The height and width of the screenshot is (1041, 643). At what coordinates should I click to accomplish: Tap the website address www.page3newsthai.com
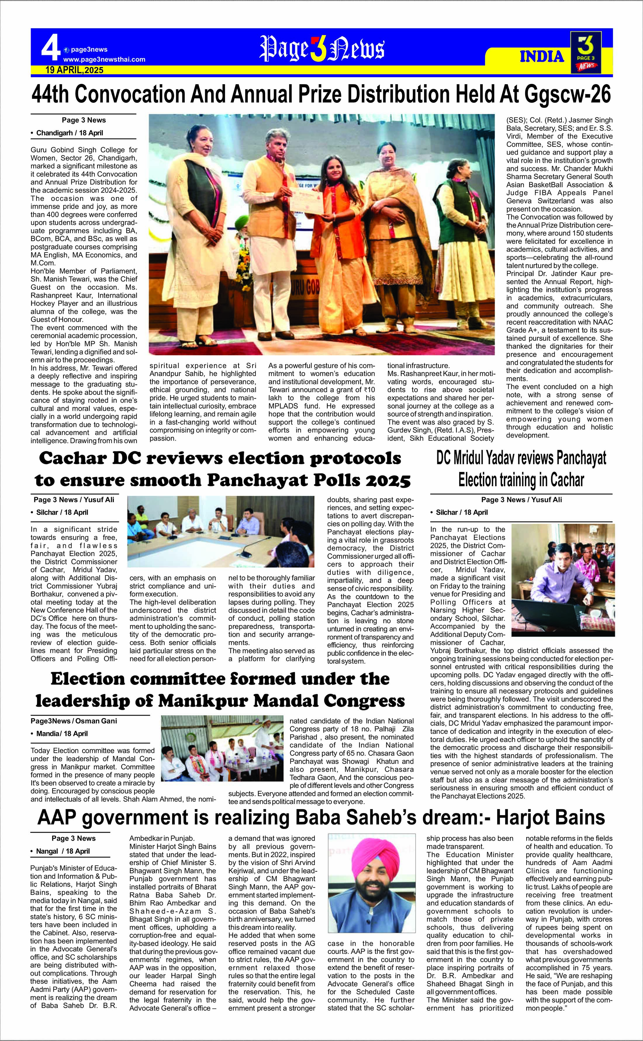[x=104, y=60]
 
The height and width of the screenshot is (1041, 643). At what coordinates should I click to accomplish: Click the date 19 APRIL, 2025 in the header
[x=75, y=70]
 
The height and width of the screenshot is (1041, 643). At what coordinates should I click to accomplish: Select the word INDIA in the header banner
[x=542, y=57]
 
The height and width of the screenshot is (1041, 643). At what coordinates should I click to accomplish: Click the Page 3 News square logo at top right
[x=586, y=52]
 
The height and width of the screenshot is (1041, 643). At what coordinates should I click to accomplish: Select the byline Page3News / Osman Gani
[x=74, y=721]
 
